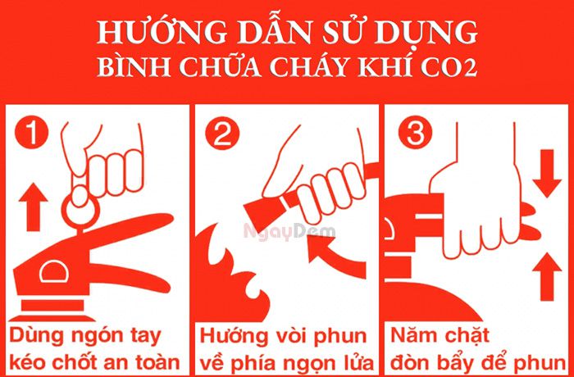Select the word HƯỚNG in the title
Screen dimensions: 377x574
pyautogui.click(x=146, y=33)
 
